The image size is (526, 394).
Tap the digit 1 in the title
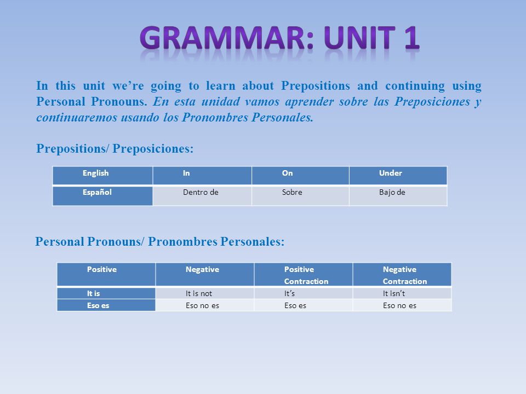(x=411, y=38)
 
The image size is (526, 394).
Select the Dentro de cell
(x=202, y=195)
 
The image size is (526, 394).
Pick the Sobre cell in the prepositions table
(x=300, y=195)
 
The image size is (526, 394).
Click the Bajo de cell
(x=398, y=195)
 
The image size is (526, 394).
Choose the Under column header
(x=398, y=175)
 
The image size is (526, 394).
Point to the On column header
(x=300, y=175)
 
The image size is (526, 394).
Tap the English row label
(x=102, y=175)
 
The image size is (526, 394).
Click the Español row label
(x=102, y=195)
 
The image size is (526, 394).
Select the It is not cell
(x=204, y=293)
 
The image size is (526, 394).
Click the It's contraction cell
(x=303, y=293)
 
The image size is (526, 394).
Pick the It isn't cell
(x=402, y=293)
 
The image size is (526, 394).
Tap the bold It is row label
(x=106, y=293)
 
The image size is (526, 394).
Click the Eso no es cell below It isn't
(x=402, y=305)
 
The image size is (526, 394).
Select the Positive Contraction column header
(x=303, y=274)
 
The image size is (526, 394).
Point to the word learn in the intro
(x=221, y=86)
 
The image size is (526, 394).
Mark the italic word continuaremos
(x=76, y=117)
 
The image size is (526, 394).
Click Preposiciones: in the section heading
(x=153, y=149)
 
